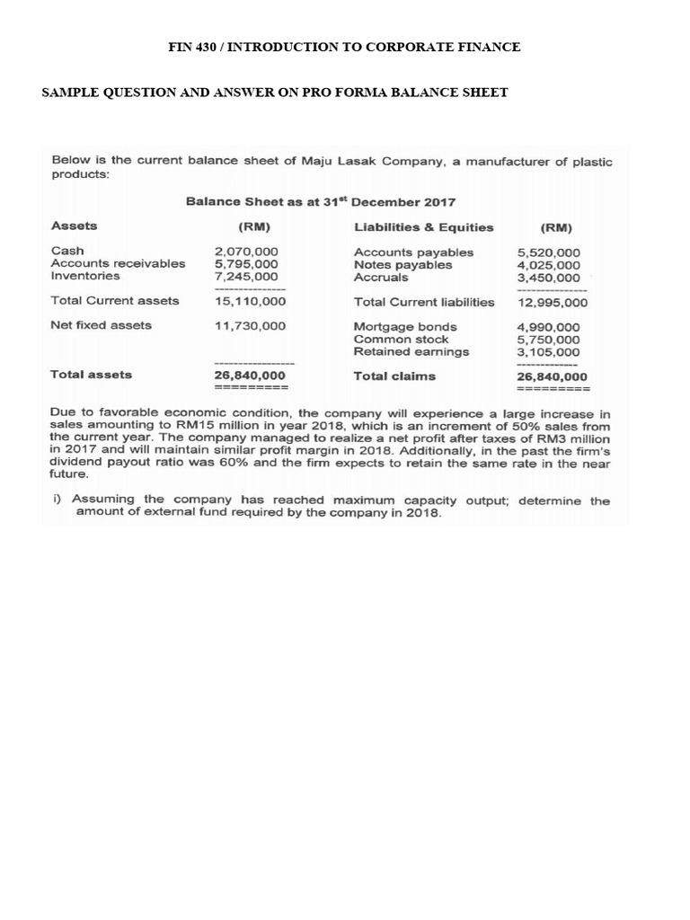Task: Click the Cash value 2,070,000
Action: point(246,252)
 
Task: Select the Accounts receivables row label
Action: point(119,264)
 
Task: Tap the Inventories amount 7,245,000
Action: point(246,277)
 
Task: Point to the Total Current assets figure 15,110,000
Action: point(250,301)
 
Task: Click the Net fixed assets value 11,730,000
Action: point(250,325)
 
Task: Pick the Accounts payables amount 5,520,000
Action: point(548,253)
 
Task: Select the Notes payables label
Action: point(402,265)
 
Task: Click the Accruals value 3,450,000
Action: point(548,279)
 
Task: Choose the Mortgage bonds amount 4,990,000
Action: point(548,327)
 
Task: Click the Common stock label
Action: point(402,340)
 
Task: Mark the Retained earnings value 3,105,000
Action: point(548,352)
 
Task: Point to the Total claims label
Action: point(394,376)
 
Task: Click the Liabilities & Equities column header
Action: point(424,227)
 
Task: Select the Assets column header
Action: point(75,226)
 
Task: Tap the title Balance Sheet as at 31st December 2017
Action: point(320,202)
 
